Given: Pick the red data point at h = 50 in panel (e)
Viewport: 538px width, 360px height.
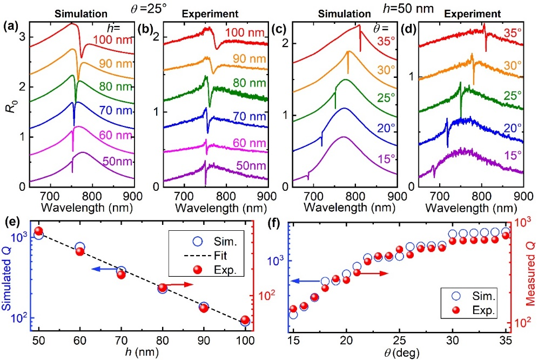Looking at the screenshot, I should pos(38,231).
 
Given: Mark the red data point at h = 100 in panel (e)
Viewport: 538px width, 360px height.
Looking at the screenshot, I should pos(245,320).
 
